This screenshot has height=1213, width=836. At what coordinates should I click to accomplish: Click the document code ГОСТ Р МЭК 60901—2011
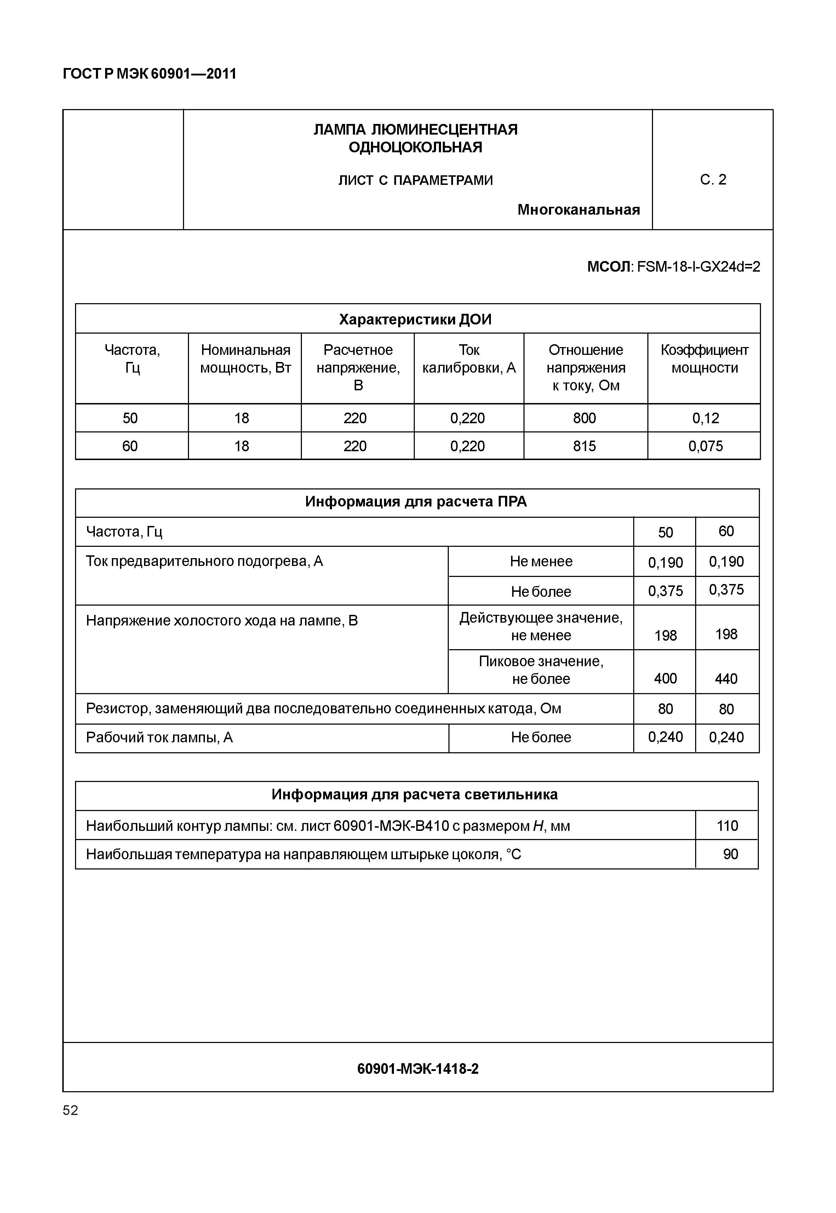pos(149,74)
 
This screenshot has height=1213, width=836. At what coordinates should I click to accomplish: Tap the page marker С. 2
pos(713,180)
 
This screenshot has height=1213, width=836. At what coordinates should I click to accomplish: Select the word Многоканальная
pos(578,210)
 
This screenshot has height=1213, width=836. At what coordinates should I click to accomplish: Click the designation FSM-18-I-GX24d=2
pos(698,267)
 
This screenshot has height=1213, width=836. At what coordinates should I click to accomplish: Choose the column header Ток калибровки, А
pos(469,359)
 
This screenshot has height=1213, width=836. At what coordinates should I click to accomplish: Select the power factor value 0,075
pos(705,446)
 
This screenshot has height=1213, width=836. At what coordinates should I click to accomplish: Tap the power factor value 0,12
pos(705,418)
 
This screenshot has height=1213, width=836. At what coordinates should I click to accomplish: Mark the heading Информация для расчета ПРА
pos(416,501)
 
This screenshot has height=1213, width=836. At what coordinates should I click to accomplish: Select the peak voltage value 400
pos(665,678)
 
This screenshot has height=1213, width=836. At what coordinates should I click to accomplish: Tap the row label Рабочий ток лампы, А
pos(159,738)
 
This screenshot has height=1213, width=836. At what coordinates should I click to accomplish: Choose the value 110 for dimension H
pos(727,826)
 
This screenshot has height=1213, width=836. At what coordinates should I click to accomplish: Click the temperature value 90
pos(730,855)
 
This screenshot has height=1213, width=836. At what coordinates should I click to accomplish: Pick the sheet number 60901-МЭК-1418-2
pos(418,1069)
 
